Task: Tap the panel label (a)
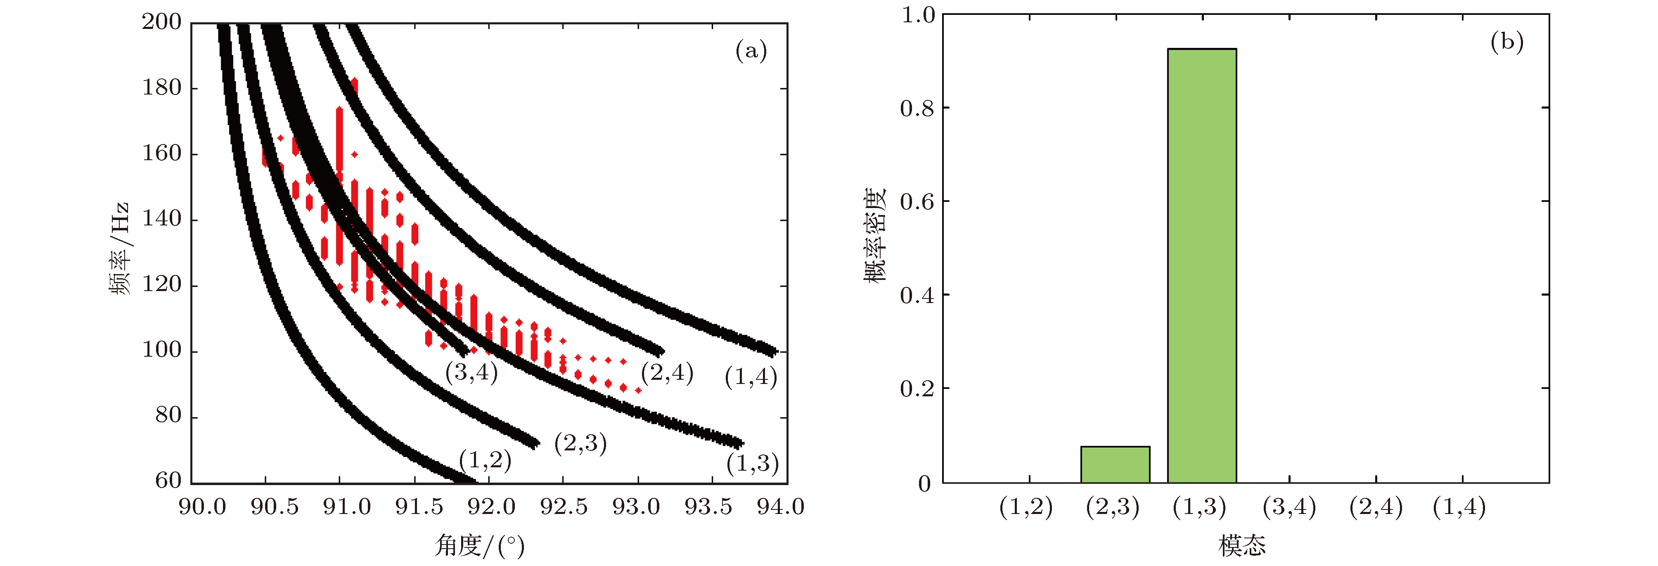(751, 50)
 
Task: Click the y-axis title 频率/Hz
(120, 248)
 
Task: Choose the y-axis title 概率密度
(875, 235)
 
